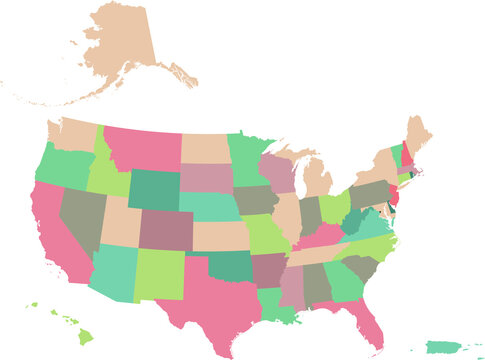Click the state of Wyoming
[x=151, y=190]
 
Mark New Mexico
[x=158, y=275]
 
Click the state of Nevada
[x=81, y=215]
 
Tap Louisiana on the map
[x=279, y=305]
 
